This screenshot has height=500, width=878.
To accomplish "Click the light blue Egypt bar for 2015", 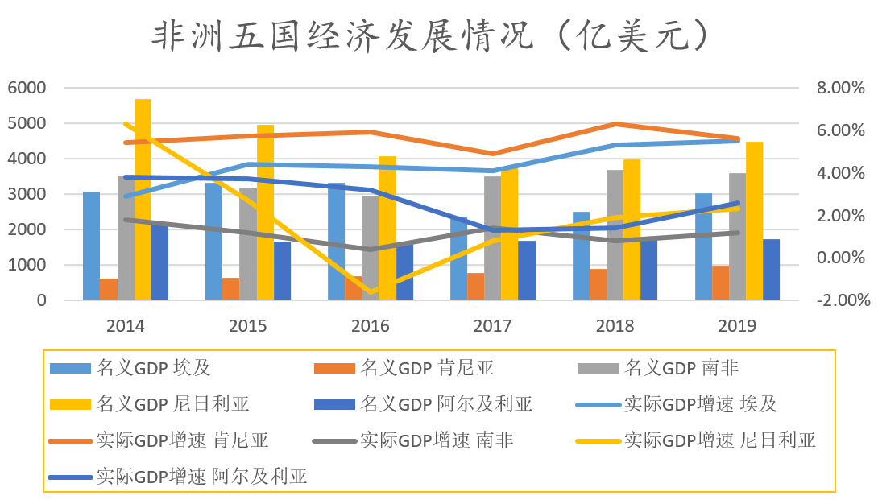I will (x=213, y=242).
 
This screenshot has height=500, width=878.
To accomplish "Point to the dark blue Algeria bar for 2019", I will (x=771, y=270).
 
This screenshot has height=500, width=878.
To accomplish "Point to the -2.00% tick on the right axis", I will (x=842, y=300).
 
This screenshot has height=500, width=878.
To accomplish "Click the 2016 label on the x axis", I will (x=370, y=326).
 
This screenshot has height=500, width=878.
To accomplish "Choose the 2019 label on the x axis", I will (x=736, y=326).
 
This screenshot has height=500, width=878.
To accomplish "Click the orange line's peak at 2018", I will (x=615, y=124).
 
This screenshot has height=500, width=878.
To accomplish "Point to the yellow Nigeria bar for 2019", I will (x=754, y=221).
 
